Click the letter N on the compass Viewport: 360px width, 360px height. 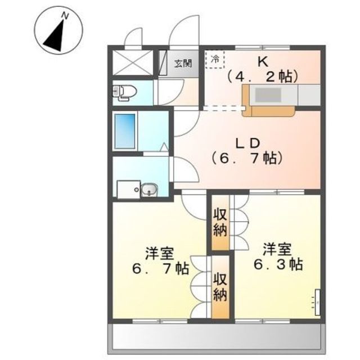[x=65, y=16]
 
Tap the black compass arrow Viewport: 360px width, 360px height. [x=55, y=36]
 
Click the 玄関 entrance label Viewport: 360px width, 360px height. [x=183, y=63]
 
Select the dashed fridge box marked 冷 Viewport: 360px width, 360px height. [x=215, y=60]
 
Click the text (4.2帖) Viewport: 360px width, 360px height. [x=263, y=77]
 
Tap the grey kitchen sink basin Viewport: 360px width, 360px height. [x=268, y=95]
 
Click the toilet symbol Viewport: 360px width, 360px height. [x=124, y=93]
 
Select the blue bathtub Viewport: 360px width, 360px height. [x=125, y=131]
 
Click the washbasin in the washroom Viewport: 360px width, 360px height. [x=149, y=190]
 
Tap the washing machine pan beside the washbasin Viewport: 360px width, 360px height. [x=129, y=189]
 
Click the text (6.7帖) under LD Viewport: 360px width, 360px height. [x=247, y=159]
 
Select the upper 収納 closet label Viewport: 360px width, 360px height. [x=220, y=223]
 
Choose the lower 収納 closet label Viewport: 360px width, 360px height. [x=220, y=287]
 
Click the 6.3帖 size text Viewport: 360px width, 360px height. [x=278, y=264]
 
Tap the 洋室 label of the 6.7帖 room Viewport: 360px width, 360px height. [x=159, y=253]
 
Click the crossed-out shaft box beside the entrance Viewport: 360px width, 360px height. [x=133, y=62]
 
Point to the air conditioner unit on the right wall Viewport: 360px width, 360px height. [x=317, y=302]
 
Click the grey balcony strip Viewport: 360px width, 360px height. [x=217, y=335]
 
